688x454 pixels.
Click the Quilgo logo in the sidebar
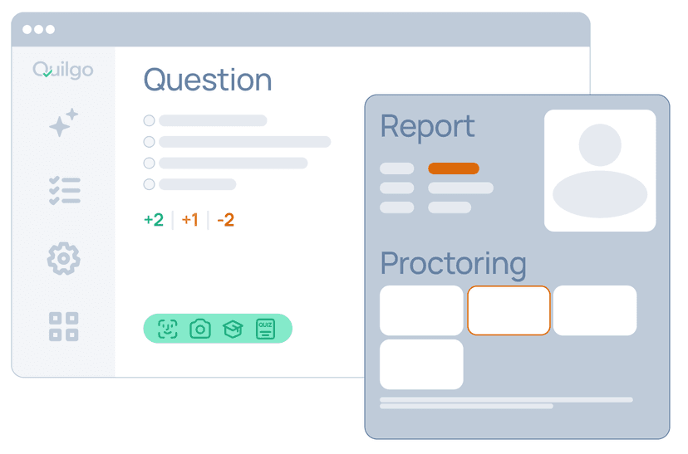click(63, 70)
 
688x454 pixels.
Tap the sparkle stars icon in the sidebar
click(63, 124)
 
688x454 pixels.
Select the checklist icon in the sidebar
click(64, 190)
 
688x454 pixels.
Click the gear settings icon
click(63, 259)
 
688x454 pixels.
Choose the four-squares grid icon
click(64, 326)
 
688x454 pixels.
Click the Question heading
click(208, 80)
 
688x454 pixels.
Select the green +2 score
click(154, 220)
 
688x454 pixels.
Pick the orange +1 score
click(190, 220)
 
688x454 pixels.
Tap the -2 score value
click(225, 220)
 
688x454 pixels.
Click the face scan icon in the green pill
click(168, 329)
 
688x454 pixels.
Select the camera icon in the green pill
click(200, 329)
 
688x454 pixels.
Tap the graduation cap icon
click(233, 329)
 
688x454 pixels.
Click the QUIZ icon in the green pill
click(265, 329)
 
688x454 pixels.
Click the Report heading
click(427, 126)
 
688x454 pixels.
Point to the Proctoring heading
click(453, 263)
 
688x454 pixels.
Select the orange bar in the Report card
click(454, 168)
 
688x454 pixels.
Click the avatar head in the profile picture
click(600, 145)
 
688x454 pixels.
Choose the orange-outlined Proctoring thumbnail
click(509, 310)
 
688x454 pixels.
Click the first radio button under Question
click(150, 120)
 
